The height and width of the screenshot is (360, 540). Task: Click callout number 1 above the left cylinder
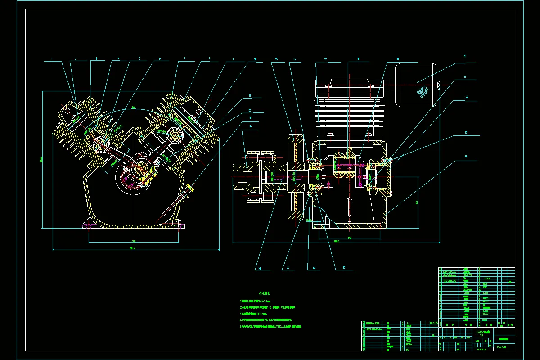click(52, 58)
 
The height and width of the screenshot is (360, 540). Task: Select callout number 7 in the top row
click(185, 58)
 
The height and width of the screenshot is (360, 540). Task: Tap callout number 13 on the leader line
click(249, 118)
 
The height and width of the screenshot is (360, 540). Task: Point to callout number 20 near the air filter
click(465, 56)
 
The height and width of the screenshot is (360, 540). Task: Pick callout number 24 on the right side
click(465, 157)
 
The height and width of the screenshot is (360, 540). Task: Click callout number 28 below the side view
click(260, 269)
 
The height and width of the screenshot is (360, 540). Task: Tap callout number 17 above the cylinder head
click(325, 59)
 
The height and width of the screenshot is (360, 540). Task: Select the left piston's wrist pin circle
click(100, 144)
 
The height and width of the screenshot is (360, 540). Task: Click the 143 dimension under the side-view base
click(350, 237)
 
